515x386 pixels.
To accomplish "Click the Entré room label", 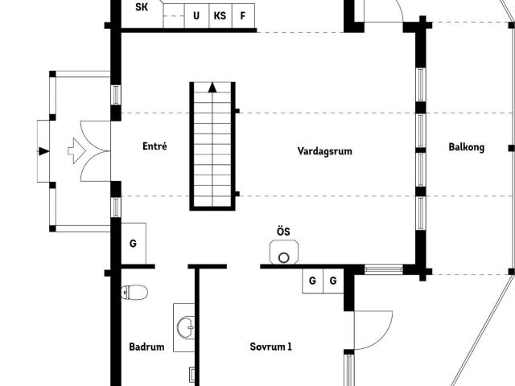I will (x=154, y=146).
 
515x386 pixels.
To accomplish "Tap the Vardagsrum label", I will (x=324, y=151).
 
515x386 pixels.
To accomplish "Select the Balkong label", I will (x=466, y=147).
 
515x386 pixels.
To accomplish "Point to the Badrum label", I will (x=146, y=347).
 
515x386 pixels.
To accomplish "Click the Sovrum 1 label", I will (x=270, y=347).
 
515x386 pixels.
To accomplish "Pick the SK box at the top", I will (x=142, y=8).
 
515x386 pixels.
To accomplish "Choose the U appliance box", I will (x=196, y=15).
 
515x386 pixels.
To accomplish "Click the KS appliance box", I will (x=220, y=15).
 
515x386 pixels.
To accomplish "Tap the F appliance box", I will (x=243, y=15).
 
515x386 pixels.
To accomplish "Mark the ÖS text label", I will (x=283, y=232).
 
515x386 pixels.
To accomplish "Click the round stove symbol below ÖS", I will (x=283, y=257).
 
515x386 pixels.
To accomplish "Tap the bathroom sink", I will (x=185, y=326).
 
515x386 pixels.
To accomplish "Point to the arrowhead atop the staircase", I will (x=212, y=87).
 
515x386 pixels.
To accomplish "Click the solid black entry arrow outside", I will (x=43, y=150).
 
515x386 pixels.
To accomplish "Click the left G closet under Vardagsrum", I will (x=312, y=281).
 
